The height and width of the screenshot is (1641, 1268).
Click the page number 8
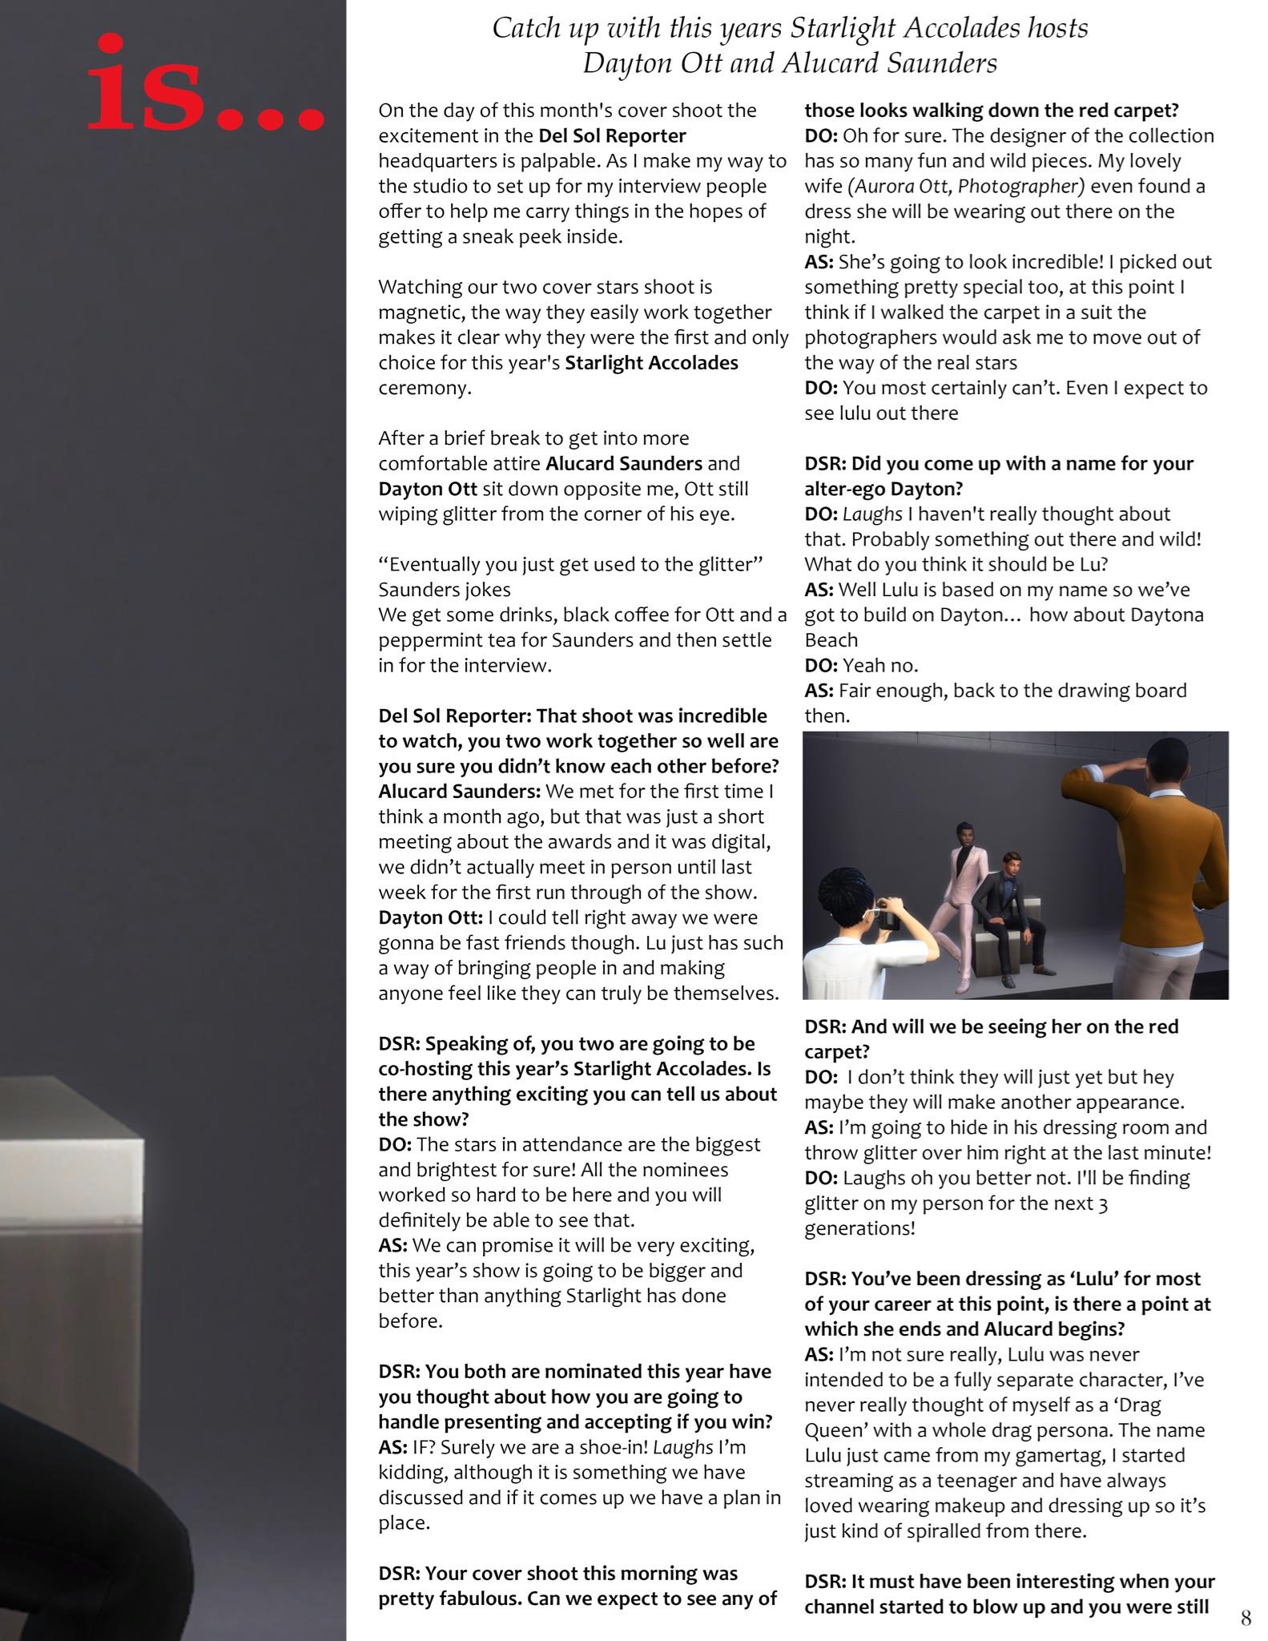tap(1246, 1618)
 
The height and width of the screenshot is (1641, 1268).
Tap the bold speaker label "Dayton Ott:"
tap(431, 917)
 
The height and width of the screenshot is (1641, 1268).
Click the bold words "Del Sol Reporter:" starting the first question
tap(453, 716)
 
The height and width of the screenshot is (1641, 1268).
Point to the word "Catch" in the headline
tap(524, 30)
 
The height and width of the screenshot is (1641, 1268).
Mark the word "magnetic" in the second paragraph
tap(420, 312)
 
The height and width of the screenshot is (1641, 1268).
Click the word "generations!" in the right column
tap(859, 1228)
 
